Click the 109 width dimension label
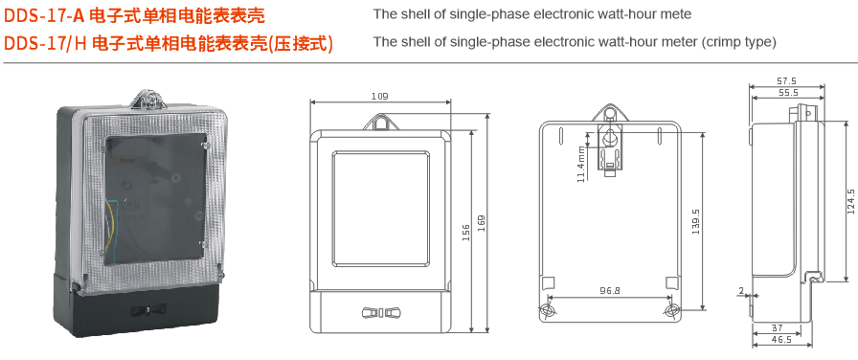379,97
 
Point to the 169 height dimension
482,223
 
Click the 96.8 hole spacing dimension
610,291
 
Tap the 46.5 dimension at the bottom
780,339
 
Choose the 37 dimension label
777,327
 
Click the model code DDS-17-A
45,15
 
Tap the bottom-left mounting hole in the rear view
547,310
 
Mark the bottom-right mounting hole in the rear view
672,310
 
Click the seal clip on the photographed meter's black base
148,310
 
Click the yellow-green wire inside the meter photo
113,224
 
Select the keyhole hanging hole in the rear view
608,138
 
